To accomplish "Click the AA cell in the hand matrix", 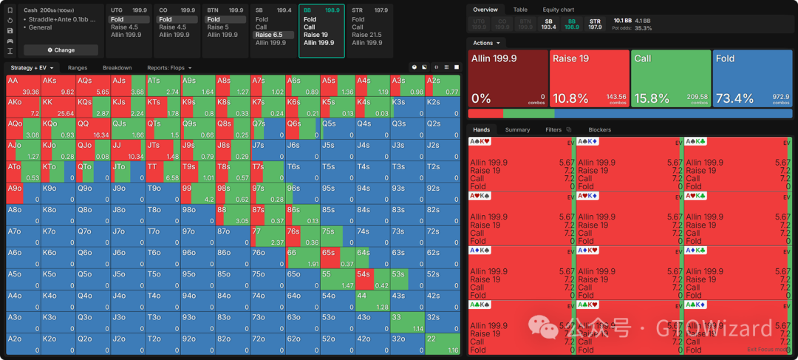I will click(22, 85).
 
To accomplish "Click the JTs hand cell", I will click(163, 150).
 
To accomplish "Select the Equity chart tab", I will click(558, 10).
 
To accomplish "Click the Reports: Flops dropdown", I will click(169, 67).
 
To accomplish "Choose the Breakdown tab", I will click(117, 67).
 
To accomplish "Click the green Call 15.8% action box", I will click(670, 78).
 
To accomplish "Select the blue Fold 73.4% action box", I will click(752, 78).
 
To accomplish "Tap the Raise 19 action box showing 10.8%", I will click(589, 78).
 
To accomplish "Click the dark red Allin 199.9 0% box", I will click(508, 78).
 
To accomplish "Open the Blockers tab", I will click(599, 129).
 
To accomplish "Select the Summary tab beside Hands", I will click(517, 129).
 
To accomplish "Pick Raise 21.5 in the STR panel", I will click(366, 35).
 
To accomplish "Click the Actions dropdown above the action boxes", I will click(485, 43).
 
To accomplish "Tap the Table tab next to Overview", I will click(520, 10).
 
